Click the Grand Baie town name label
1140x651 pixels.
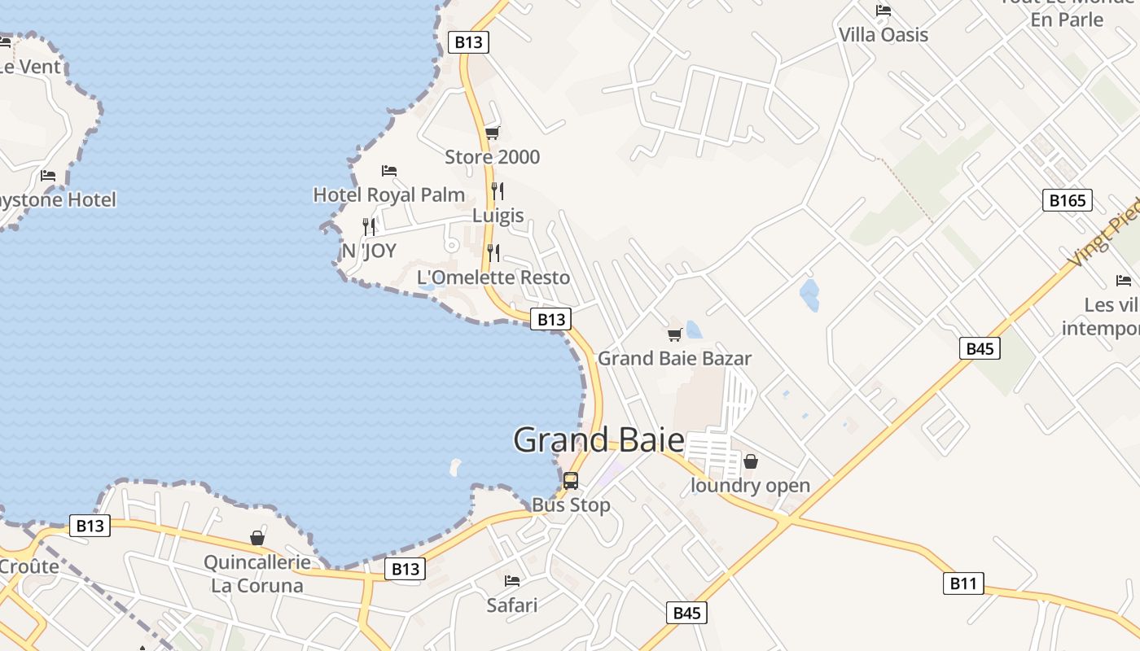pyautogui.click(x=598, y=439)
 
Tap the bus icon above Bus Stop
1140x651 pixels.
pyautogui.click(x=571, y=480)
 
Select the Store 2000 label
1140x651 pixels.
pyautogui.click(x=492, y=156)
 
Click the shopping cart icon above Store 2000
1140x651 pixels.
pyautogui.click(x=492, y=133)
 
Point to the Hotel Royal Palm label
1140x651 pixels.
pyautogui.click(x=389, y=194)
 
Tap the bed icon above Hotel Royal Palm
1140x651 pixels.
pyautogui.click(x=389, y=171)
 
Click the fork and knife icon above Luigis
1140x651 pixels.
pyautogui.click(x=498, y=191)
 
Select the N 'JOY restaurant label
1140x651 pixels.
pyautogui.click(x=369, y=251)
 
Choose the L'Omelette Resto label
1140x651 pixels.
pyautogui.click(x=493, y=277)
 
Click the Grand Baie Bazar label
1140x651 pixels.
pyautogui.click(x=674, y=358)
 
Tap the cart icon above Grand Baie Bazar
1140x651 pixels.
pyautogui.click(x=674, y=334)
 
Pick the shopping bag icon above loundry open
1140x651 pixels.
pyautogui.click(x=751, y=461)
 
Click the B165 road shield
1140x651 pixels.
pyautogui.click(x=1067, y=200)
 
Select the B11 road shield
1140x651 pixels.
pyautogui.click(x=963, y=583)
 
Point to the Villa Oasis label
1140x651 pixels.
pyautogui.click(x=883, y=34)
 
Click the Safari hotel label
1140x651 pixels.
pyautogui.click(x=512, y=605)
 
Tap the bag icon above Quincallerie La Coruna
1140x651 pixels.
pyautogui.click(x=257, y=538)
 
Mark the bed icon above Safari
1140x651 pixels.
pyautogui.click(x=512, y=581)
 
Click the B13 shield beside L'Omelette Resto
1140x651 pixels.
pyautogui.click(x=550, y=319)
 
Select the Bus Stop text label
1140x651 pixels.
pyautogui.click(x=571, y=505)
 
